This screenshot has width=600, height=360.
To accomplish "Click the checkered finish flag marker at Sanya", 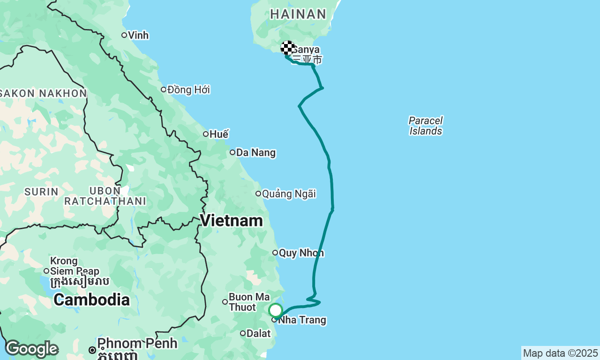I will point(288,48).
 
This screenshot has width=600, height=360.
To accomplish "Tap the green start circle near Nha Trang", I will point(276,310).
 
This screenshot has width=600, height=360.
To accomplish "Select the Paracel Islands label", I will point(426,126).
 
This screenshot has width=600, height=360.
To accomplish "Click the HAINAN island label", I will point(298,14).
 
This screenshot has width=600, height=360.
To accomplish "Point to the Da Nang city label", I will point(256,153).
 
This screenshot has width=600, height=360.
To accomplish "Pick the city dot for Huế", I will point(206,134).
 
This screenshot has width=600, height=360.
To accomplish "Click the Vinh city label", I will point(138,35).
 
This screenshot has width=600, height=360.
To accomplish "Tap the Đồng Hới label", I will point(188,90).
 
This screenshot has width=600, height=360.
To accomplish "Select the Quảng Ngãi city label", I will point(289,194).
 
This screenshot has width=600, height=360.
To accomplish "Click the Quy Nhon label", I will point(301,253).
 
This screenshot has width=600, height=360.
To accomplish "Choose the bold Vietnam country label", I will point(232,220).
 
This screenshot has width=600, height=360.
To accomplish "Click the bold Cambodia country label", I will point(91,300).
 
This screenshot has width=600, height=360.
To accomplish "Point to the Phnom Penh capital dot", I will point(92,350).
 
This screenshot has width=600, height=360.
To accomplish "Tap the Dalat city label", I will point(259,334).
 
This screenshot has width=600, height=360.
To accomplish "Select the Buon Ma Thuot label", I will point(249,302).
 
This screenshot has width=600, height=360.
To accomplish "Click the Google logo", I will point(31,349).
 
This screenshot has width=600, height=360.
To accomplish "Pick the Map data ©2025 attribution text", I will point(560,353).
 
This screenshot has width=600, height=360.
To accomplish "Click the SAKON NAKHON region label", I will point(43,93).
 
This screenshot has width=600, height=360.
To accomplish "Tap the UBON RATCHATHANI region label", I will point(105,196).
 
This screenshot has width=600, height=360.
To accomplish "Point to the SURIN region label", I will point(41,192).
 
